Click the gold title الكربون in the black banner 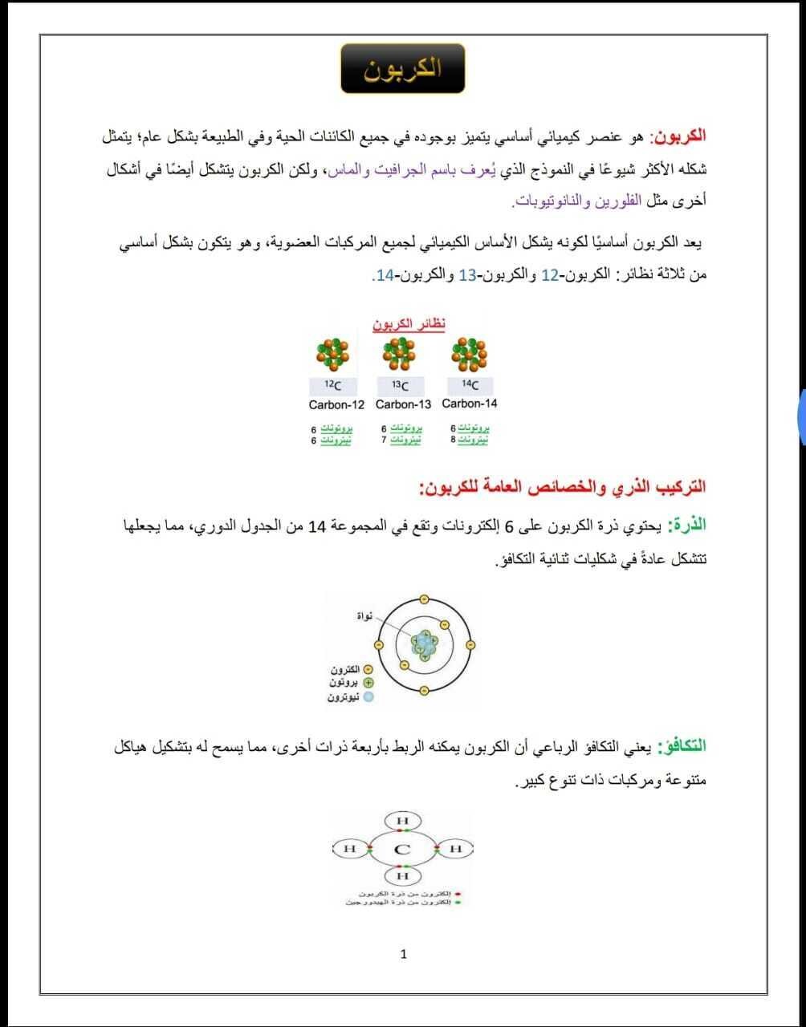402,68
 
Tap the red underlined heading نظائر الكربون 409,323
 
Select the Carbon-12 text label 336,404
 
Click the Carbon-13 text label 403,404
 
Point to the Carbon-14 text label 469,403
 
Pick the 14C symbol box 469,384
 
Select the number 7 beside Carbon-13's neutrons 384,440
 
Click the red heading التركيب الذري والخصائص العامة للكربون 562,487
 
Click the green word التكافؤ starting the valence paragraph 682,746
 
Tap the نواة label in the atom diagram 364,615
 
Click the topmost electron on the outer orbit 424,599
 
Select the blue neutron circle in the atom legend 368,697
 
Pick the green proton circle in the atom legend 368,683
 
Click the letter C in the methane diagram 402,849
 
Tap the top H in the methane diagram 402,821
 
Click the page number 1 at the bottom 403,954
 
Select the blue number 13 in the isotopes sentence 467,274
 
